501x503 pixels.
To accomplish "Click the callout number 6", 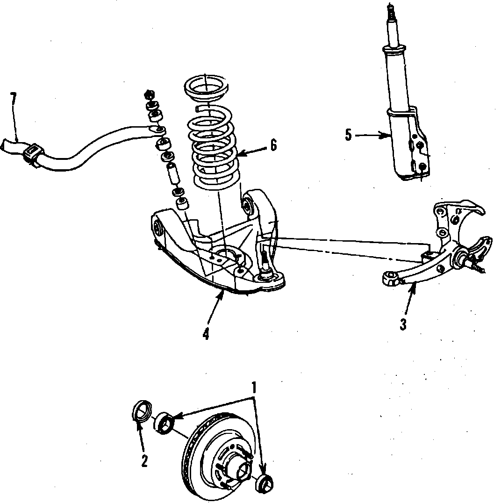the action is click(273, 145).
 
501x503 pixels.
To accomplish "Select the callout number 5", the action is click(348, 135).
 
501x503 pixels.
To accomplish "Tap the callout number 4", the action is click(206, 334).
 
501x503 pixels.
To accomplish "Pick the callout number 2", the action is click(144, 460).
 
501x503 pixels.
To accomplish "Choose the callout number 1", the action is click(254, 388).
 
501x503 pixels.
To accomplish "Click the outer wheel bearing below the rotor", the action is click(265, 482).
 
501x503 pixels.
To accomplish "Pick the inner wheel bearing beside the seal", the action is click(164, 422).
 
